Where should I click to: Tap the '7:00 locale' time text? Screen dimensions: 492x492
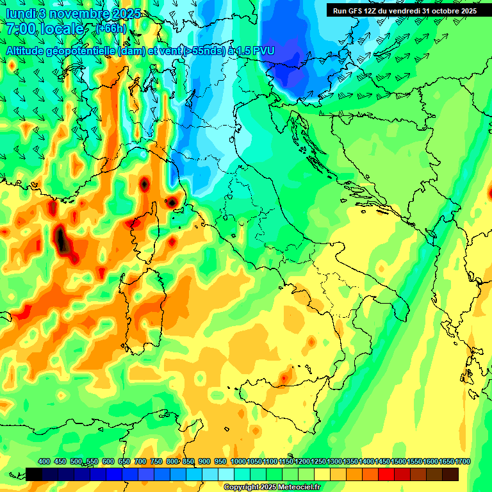click(45, 29)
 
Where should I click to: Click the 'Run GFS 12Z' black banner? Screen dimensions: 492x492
click(404, 11)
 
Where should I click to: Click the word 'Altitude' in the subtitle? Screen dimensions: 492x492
click(29, 50)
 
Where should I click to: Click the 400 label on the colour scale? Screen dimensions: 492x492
click(44, 461)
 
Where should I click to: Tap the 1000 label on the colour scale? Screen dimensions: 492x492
click(238, 461)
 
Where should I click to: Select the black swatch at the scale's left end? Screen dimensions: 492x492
click(34, 474)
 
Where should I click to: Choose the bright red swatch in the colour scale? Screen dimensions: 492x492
click(386, 474)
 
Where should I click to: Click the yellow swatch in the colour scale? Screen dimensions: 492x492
click(322, 474)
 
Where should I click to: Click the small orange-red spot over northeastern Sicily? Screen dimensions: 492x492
click(284, 379)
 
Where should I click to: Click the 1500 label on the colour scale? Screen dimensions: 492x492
click(398, 461)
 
